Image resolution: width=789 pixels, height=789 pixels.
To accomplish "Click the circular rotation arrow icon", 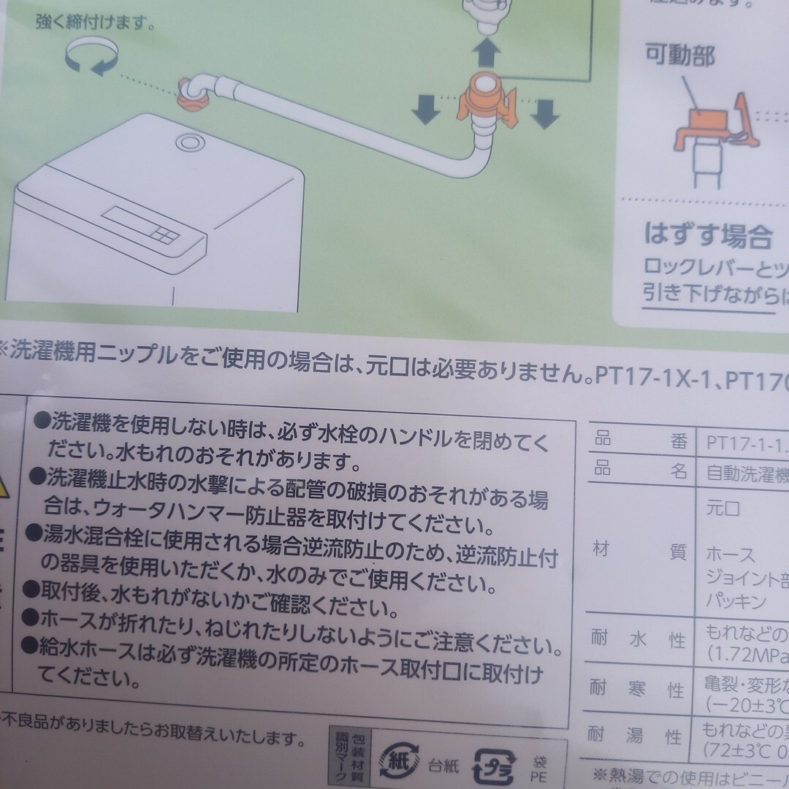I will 91,58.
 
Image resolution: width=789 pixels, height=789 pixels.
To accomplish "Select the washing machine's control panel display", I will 140,226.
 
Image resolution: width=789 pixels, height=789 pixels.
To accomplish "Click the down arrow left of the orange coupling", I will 425,110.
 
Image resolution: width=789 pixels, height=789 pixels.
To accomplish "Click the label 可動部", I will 679,56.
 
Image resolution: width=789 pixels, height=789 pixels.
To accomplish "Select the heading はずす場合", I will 708,235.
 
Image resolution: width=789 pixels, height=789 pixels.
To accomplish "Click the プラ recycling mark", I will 495,765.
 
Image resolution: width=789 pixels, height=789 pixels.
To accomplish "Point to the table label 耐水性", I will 639,639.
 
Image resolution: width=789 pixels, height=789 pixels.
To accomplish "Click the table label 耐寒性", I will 639,689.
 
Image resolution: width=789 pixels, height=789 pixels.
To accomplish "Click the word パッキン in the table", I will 736,601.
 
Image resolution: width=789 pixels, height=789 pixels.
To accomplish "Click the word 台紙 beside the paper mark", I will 443,766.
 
